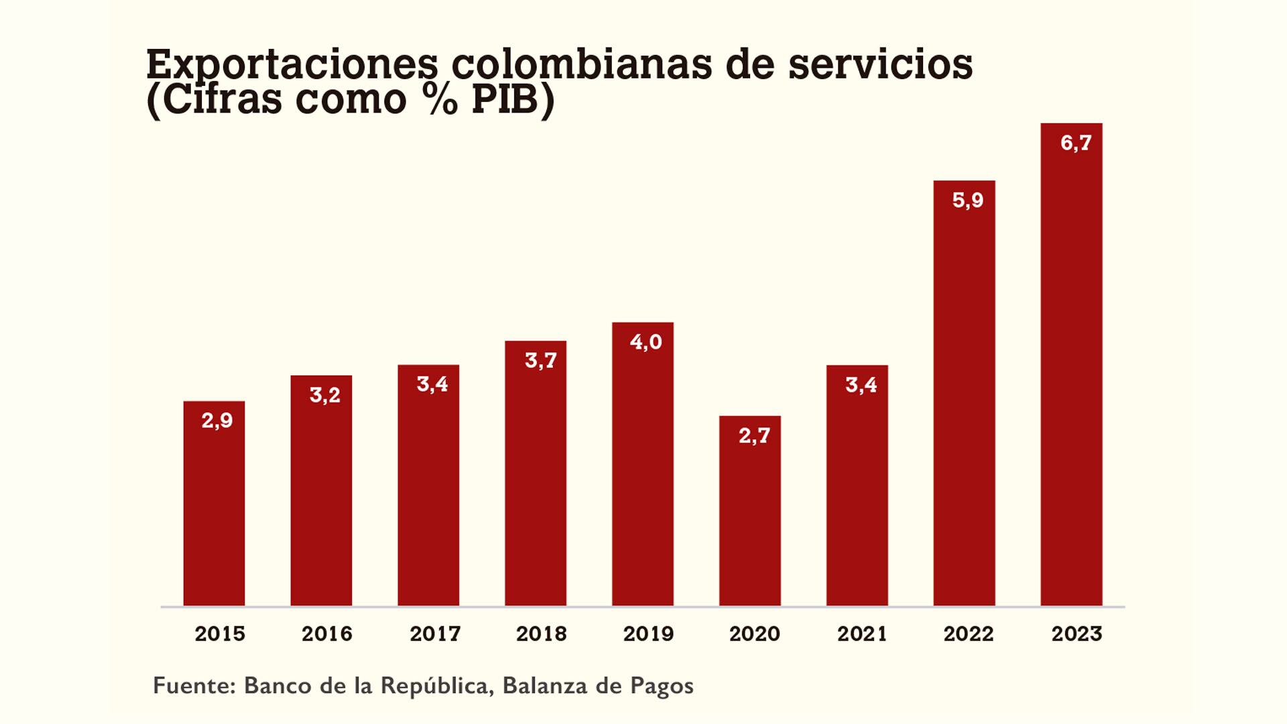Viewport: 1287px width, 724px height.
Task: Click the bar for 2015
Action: (214, 509)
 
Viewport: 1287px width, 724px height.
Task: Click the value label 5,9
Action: (967, 200)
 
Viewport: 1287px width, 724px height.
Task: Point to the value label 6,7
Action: (1075, 142)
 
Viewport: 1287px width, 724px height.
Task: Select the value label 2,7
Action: (754, 436)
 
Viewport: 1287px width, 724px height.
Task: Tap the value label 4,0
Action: (646, 342)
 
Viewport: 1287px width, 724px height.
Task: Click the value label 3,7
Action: (540, 361)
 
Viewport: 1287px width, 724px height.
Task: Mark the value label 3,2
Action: (324, 395)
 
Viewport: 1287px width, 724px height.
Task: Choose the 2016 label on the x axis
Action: (326, 633)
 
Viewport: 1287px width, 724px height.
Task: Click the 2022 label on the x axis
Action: (968, 633)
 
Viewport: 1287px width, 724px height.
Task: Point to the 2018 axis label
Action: (541, 633)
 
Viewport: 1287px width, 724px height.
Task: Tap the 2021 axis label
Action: (861, 633)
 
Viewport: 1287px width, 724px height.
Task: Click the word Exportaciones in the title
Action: (292, 65)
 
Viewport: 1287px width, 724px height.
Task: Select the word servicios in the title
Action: (879, 65)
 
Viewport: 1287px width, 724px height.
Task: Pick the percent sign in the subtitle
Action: (440, 99)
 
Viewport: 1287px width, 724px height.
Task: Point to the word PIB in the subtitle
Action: (505, 99)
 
